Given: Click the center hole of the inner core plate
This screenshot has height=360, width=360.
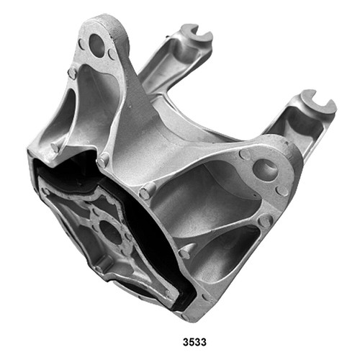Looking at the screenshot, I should click(x=109, y=233).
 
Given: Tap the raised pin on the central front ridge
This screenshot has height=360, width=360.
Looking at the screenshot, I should click(x=148, y=192).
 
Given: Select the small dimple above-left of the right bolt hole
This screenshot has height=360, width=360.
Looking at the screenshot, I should click(x=245, y=154).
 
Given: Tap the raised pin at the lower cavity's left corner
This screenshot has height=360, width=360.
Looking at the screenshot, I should click(x=185, y=251).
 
